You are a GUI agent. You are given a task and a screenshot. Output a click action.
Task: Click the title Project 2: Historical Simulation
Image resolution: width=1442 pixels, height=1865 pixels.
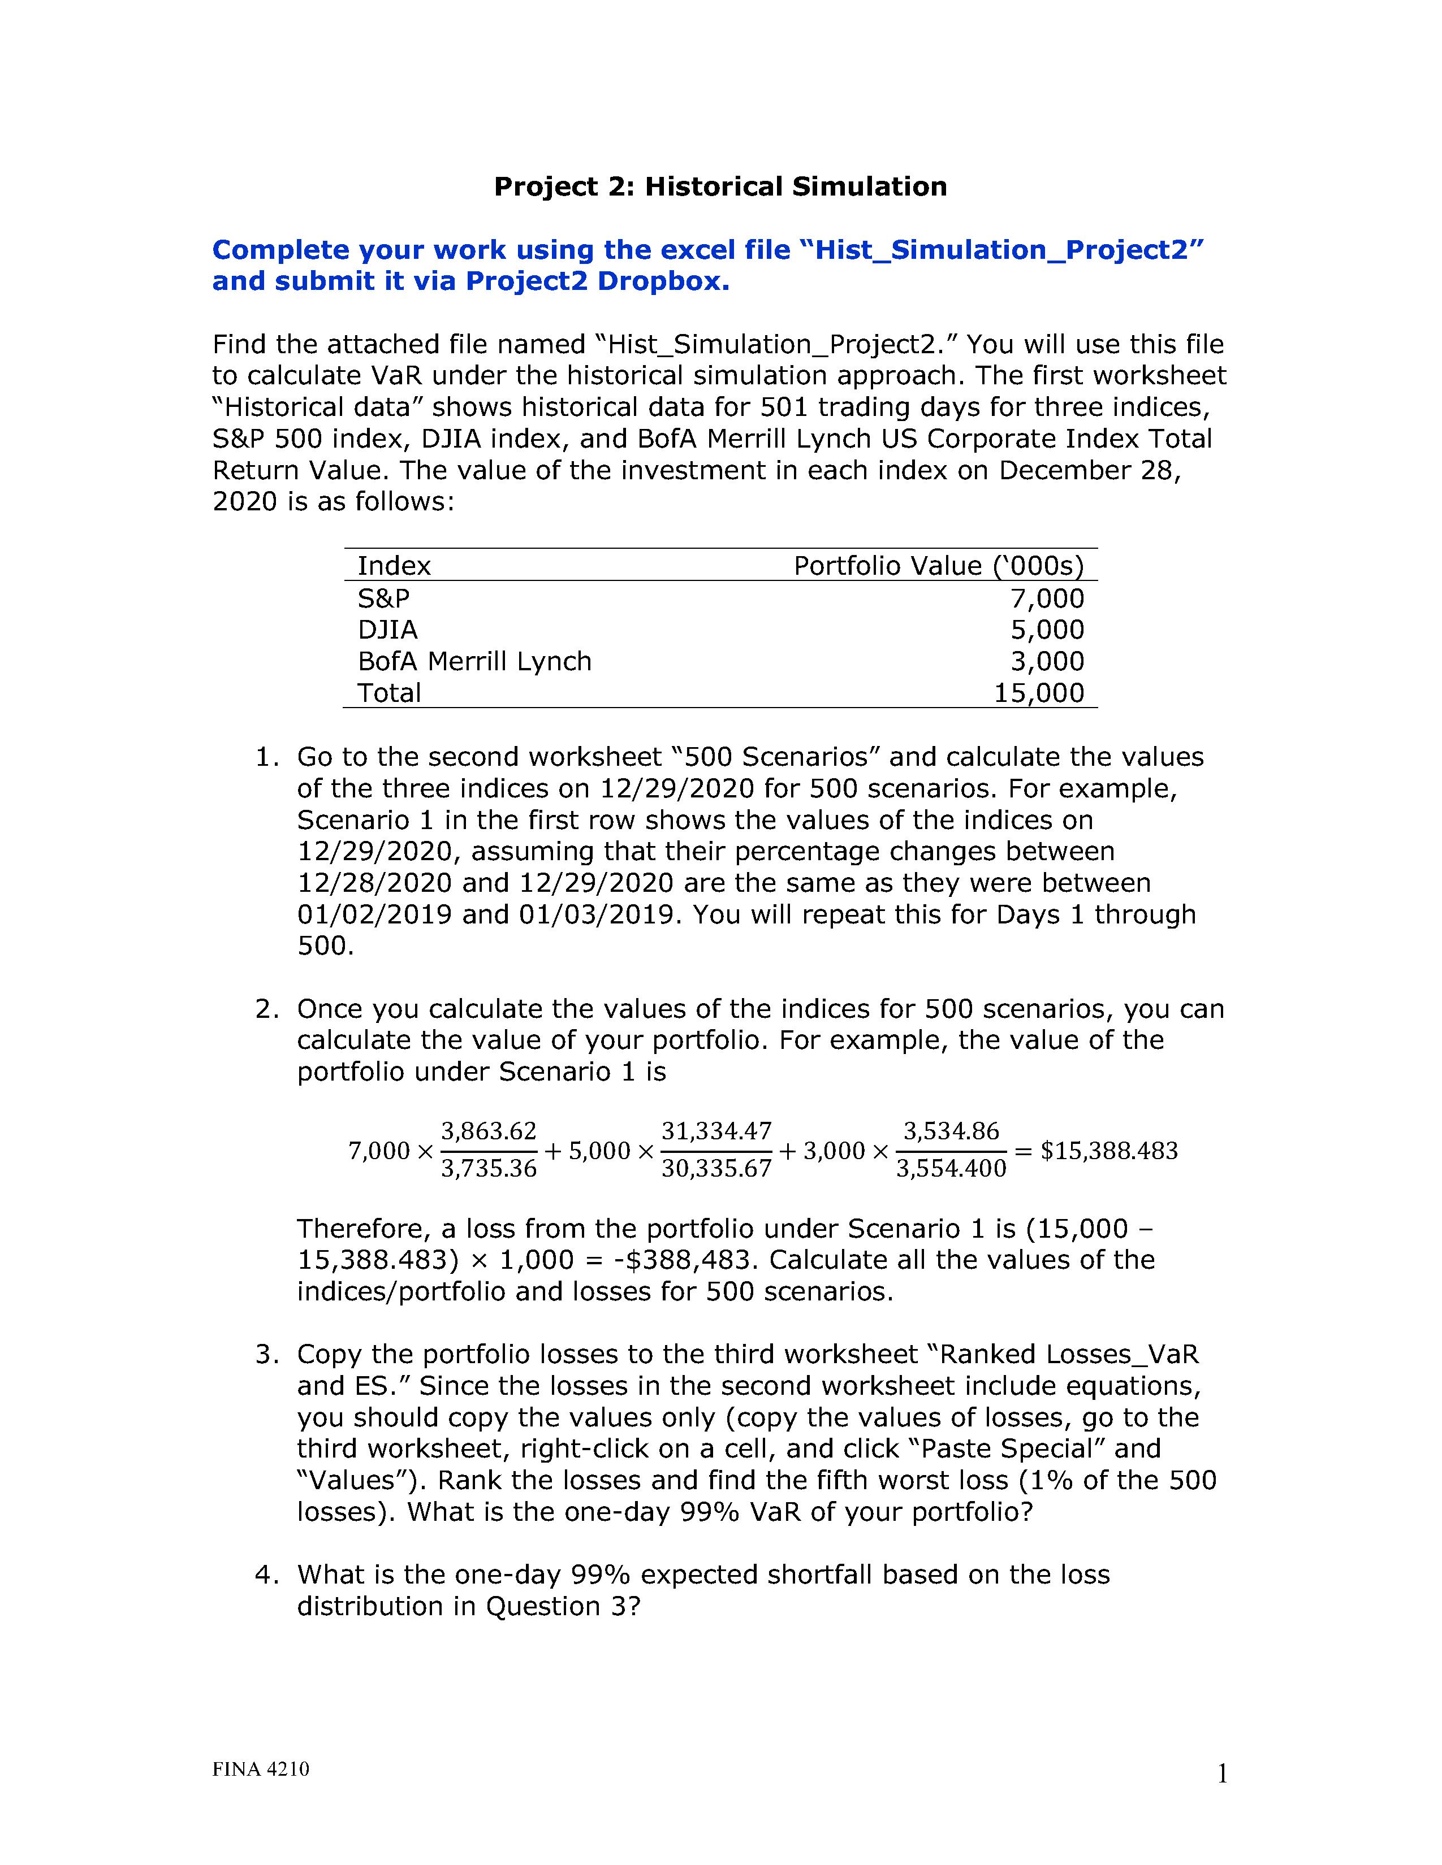720,186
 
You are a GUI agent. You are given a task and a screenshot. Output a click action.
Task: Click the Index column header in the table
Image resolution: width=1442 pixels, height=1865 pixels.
394,565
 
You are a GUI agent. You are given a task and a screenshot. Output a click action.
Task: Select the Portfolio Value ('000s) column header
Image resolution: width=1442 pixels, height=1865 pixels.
938,565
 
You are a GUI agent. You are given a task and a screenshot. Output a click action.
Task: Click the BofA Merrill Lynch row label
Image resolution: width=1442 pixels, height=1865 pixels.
474,661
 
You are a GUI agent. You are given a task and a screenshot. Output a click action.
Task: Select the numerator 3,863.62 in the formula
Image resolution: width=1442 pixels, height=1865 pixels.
489,1131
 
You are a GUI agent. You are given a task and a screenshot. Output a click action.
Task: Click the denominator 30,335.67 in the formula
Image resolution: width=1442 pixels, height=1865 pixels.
716,1168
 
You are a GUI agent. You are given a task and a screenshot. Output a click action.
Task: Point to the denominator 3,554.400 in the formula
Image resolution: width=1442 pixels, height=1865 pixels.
951,1168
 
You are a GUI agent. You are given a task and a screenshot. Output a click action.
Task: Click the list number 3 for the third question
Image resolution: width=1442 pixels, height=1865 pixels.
266,1354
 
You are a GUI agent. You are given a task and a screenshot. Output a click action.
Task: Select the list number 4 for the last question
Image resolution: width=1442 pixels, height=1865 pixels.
266,1575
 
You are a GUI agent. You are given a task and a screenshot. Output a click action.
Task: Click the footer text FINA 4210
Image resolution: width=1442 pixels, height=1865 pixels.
261,1768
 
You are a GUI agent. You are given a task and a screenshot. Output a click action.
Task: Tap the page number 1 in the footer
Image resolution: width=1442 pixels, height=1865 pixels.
1221,1775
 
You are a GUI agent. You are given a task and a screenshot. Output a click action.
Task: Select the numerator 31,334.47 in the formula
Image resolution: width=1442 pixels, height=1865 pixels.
716,1131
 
